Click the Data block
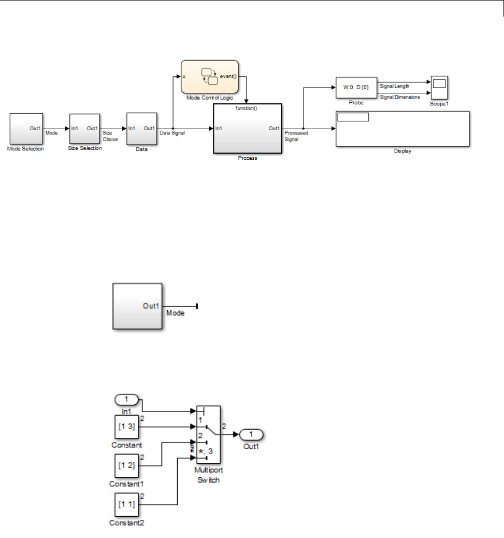[x=141, y=129]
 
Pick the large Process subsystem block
[x=248, y=132]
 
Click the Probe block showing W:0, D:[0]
[x=356, y=88]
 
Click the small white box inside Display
[x=353, y=117]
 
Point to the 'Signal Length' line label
[x=394, y=86]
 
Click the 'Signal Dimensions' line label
[x=400, y=97]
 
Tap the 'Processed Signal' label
[x=296, y=136]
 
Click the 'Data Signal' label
[x=172, y=133]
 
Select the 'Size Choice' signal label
[x=110, y=136]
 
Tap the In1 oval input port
[x=126, y=400]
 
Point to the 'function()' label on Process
[x=247, y=108]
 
